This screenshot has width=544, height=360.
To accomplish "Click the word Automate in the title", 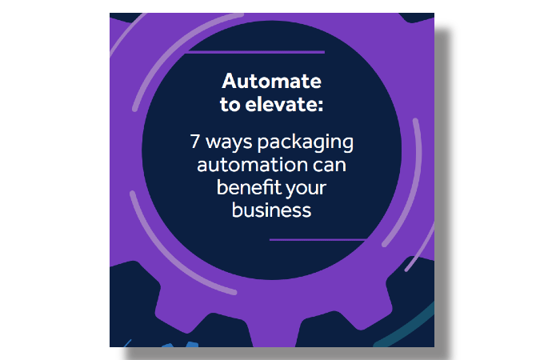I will click(272, 81).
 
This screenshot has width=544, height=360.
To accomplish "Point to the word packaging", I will click(307, 145).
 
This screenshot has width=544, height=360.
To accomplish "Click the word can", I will click(330, 167).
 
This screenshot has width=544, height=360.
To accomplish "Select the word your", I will click(307, 190).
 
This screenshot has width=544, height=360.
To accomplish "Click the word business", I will click(271, 210).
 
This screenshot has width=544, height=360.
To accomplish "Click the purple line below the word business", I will click(317, 239).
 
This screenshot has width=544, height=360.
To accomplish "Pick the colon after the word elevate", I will click(319, 105).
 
